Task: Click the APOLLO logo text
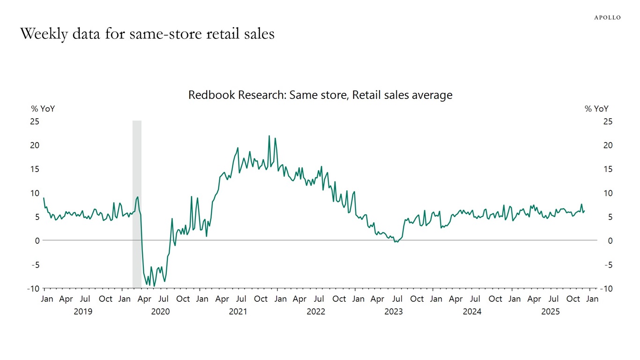tap(607, 17)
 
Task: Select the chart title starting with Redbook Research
tap(320, 95)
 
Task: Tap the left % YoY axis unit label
tap(43, 109)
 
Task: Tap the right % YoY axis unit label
tap(596, 109)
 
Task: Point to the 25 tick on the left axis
tap(35, 121)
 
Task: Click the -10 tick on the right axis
tap(606, 289)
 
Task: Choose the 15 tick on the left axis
tap(35, 169)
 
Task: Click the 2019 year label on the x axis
tap(83, 312)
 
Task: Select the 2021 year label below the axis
tap(238, 312)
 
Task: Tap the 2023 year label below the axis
tap(394, 312)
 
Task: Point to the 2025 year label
tap(551, 312)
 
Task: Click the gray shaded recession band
tap(137, 204)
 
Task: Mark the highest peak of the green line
tap(269, 136)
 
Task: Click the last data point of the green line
tap(584, 211)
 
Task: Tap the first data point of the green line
tap(44, 198)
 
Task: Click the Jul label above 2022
tap(319, 299)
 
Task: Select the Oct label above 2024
tap(495, 299)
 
